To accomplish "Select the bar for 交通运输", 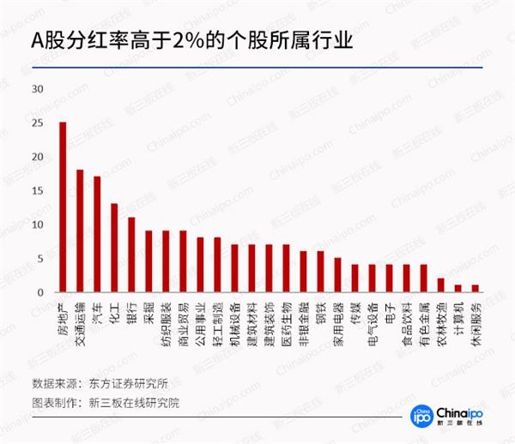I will [x=80, y=231].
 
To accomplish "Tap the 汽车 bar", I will [x=97, y=235].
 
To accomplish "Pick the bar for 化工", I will [x=114, y=249].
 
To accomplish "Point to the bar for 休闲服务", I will [x=475, y=289].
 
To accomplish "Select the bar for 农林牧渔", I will [x=440, y=285].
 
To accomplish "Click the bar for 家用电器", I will [x=337, y=275].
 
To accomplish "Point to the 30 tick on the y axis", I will [x=36, y=89].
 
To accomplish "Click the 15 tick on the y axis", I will [x=36, y=191].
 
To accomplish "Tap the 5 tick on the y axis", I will [x=39, y=259].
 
